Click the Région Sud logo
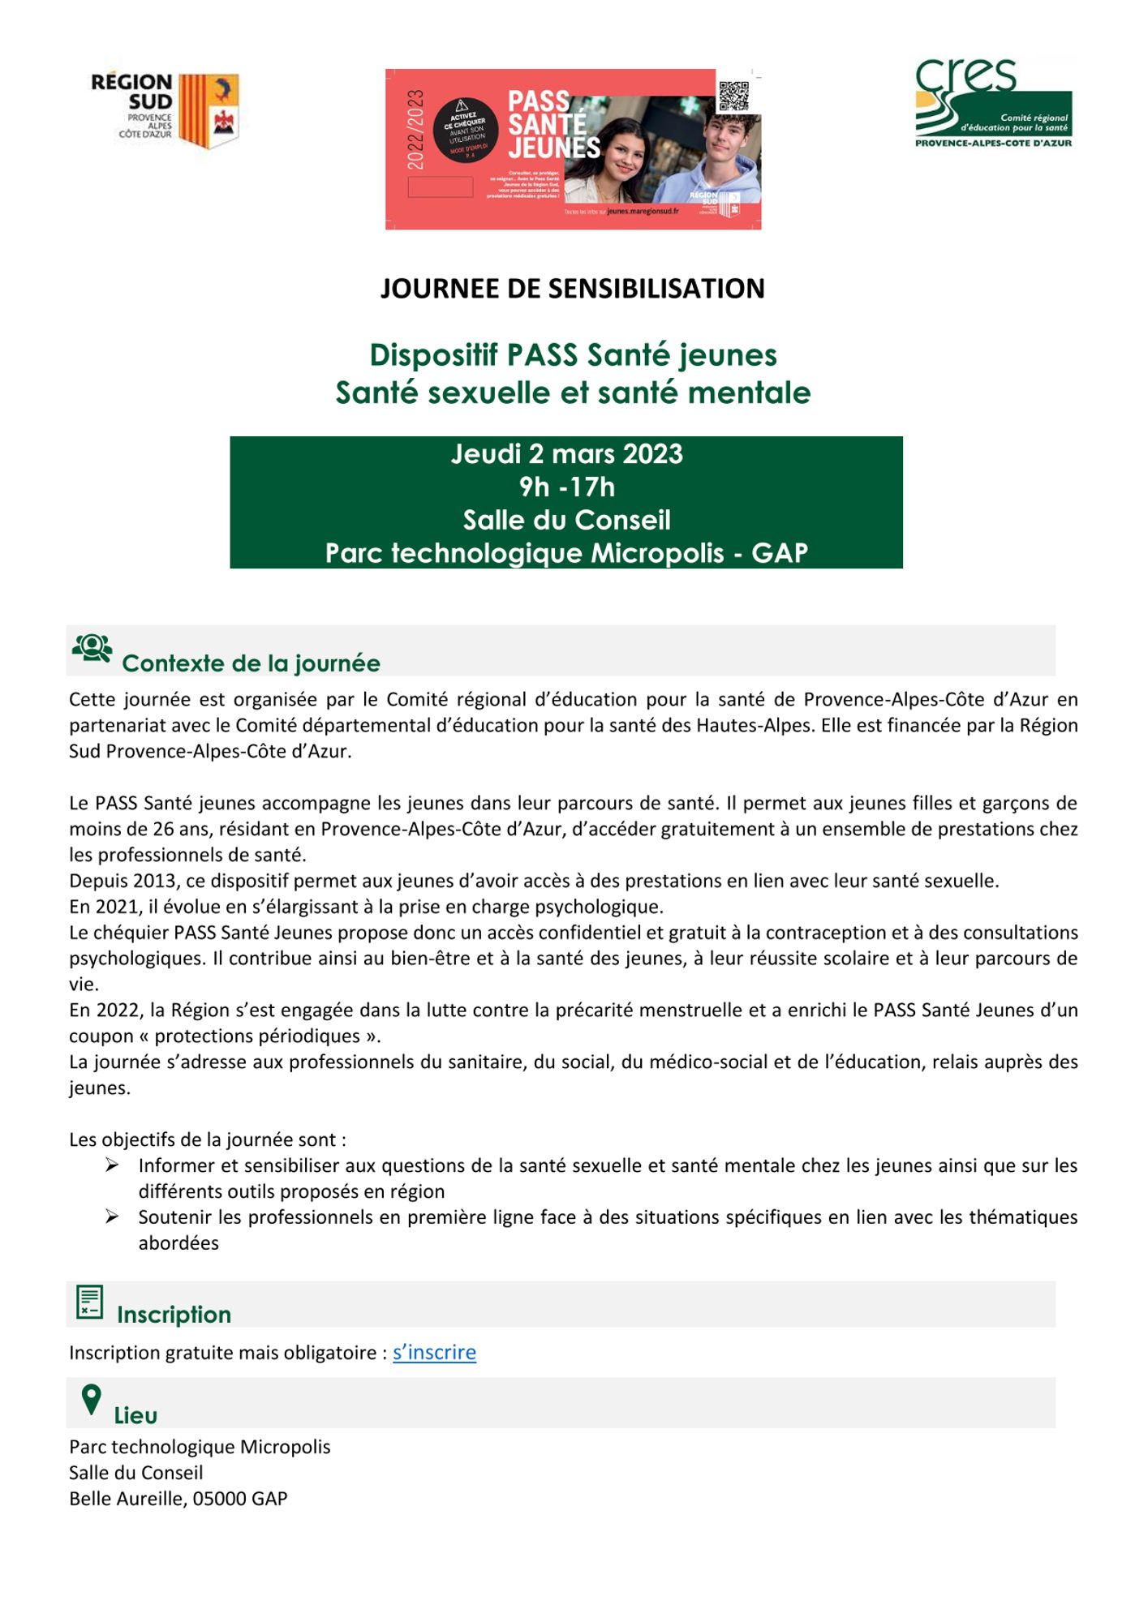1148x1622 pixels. (166, 110)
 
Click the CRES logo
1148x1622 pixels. (993, 103)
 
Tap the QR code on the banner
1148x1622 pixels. (733, 96)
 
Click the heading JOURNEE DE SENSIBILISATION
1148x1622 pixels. (573, 289)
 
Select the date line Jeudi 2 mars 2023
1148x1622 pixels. (566, 454)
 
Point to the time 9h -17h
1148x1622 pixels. (566, 487)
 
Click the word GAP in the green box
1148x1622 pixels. (780, 553)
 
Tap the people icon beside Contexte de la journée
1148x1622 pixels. (92, 649)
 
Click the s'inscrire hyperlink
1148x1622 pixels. (434, 1353)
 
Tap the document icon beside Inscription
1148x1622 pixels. (89, 1302)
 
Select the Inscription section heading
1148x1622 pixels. (174, 1315)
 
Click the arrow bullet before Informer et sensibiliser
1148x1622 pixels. (113, 1165)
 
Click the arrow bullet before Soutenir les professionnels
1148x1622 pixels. (113, 1217)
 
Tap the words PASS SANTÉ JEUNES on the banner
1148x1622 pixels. (552, 124)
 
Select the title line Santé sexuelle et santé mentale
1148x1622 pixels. (573, 393)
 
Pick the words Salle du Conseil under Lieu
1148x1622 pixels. (136, 1473)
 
